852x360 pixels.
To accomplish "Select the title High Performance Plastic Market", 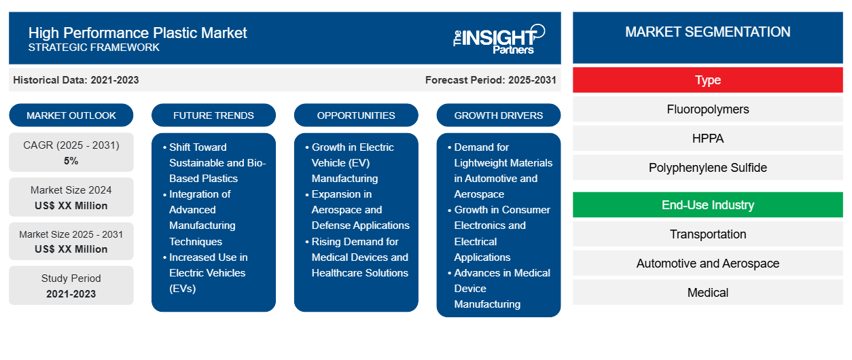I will pos(138,32).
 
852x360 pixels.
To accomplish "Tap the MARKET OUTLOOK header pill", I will pos(71,115).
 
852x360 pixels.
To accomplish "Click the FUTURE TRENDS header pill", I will pos(213,115).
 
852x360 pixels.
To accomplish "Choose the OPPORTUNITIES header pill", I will pos(356,115).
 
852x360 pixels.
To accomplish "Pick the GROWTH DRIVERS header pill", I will pos(499,115).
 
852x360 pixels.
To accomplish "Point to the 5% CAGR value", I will pos(71,161).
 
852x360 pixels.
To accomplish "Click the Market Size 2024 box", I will pos(71,198).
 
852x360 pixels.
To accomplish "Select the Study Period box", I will pos(71,286).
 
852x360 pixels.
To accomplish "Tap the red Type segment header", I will pos(707,80).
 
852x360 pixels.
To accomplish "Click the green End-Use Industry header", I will pos(707,205).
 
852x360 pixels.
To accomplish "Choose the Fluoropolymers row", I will pos(707,109).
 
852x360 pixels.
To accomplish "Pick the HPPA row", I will pos(707,139).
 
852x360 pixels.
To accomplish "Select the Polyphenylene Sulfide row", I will pos(707,168).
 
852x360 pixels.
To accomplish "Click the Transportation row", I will pos(707,234).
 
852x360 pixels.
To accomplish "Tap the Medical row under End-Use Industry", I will pos(707,293).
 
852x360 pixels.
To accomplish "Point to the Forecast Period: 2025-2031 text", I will pos(491,80).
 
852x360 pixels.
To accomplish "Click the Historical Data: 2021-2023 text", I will pos(76,80).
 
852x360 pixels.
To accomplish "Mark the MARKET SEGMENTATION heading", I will pos(707,32).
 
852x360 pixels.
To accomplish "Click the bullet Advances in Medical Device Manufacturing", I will pos(501,289).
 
